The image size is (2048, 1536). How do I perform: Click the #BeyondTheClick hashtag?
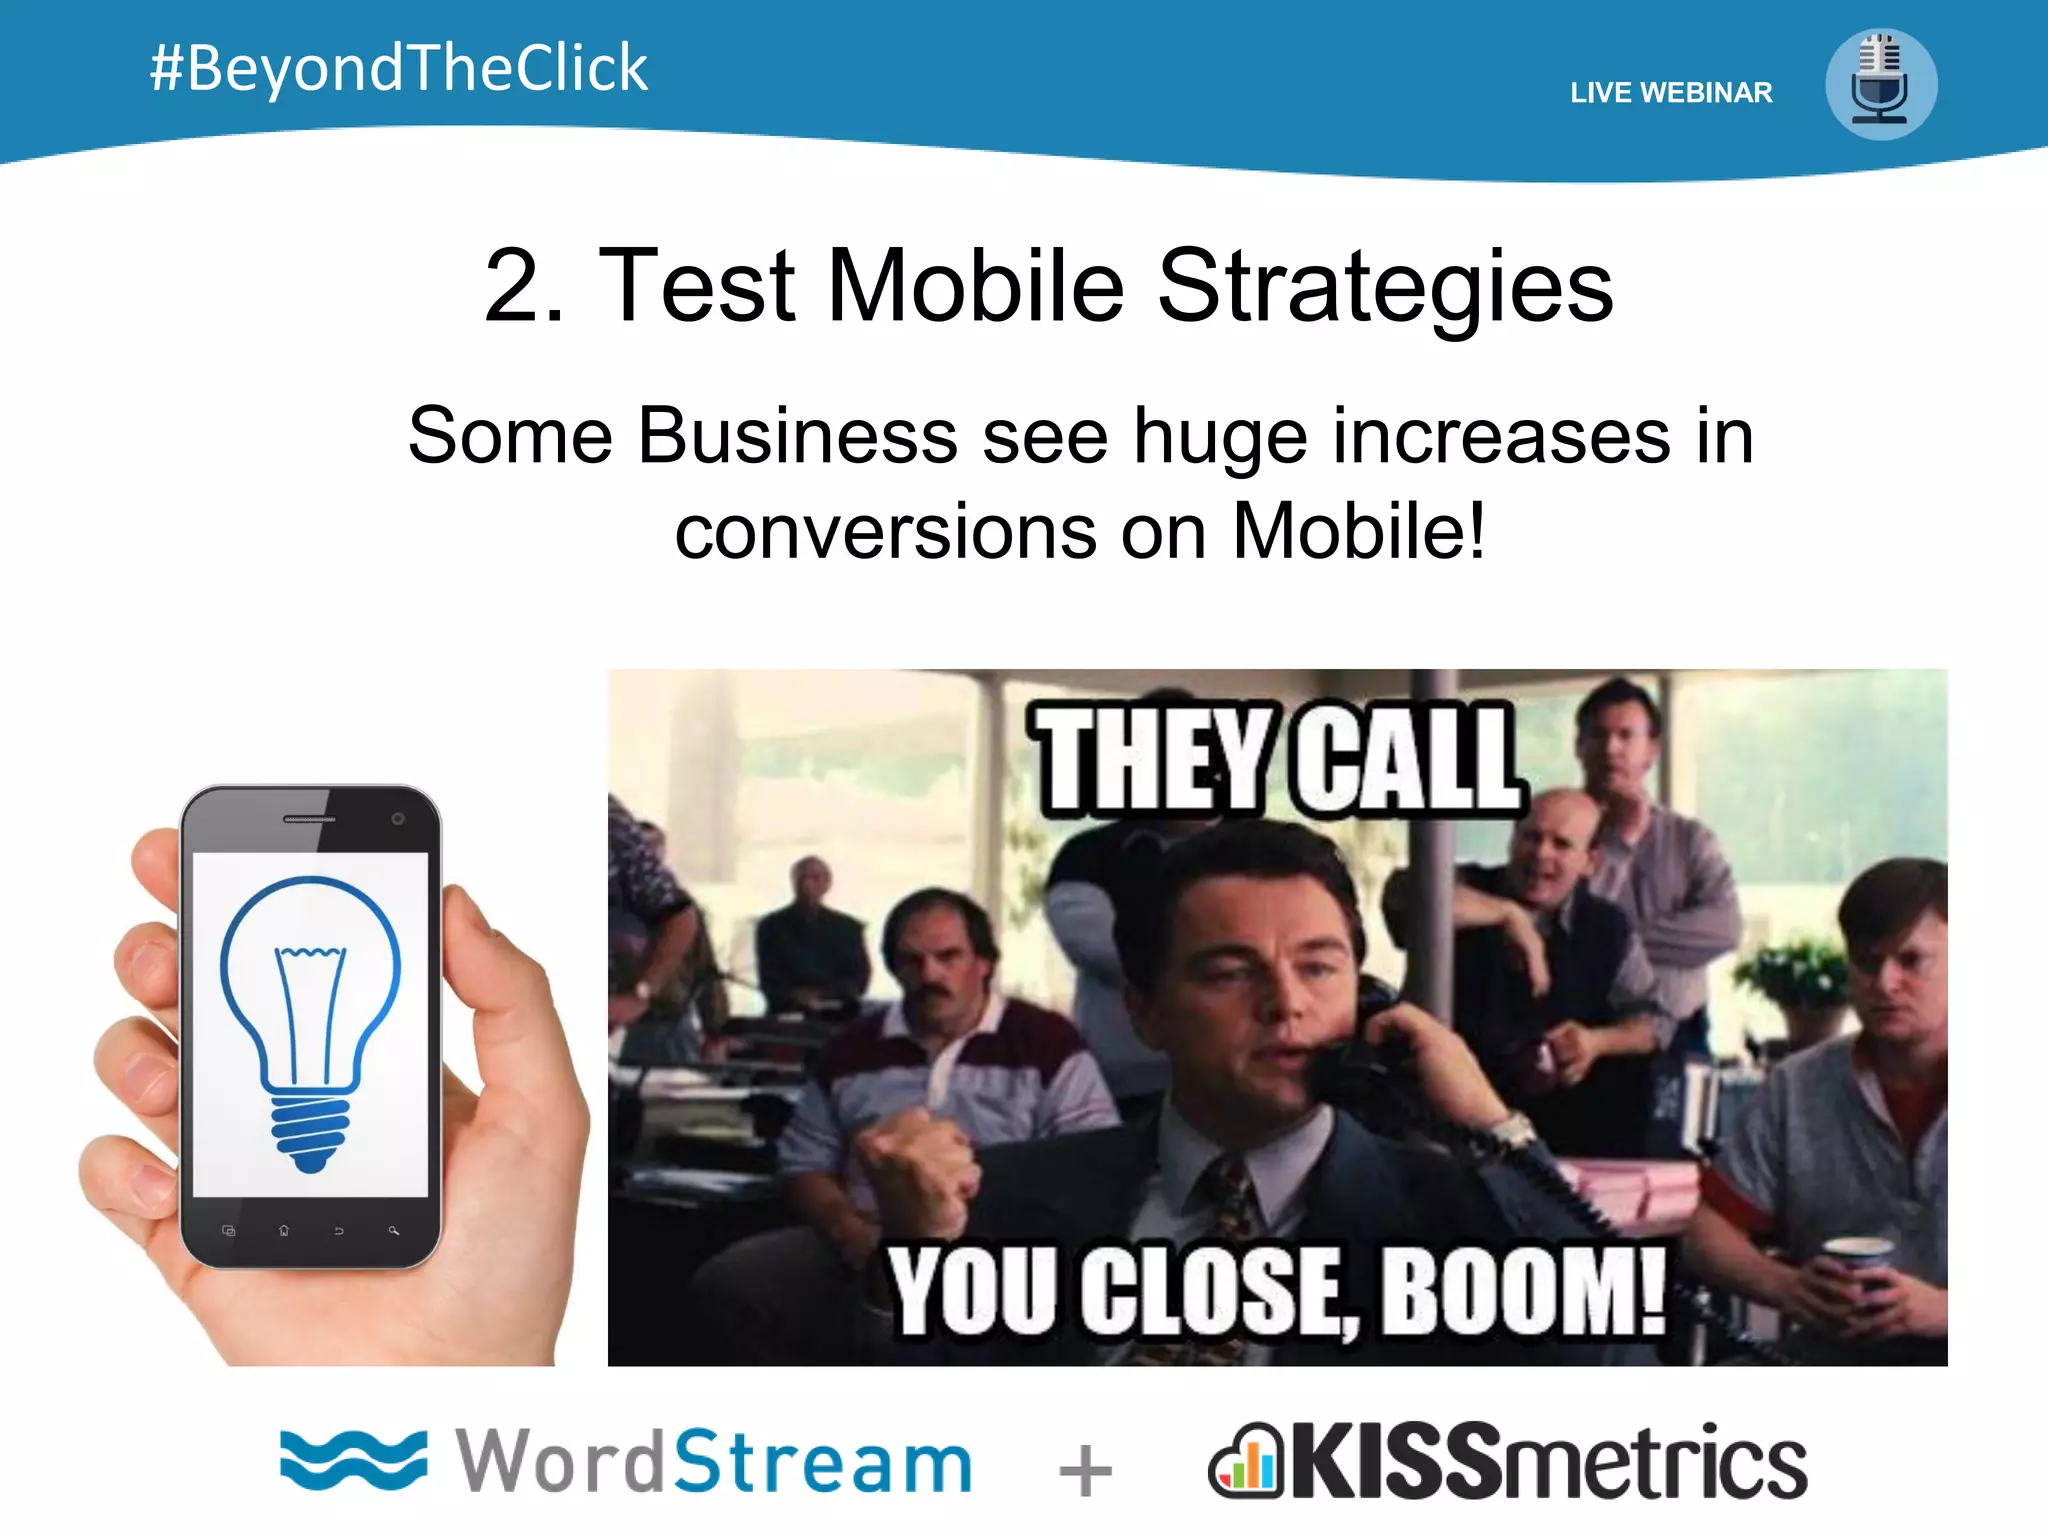click(x=398, y=68)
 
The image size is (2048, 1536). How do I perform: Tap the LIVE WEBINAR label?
click(x=1671, y=93)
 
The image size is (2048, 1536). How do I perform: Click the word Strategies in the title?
click(x=1385, y=288)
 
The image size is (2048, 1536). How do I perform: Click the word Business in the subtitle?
click(x=797, y=436)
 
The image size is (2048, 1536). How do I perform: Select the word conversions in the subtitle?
click(x=885, y=531)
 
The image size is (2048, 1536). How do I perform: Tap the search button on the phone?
click(x=394, y=1231)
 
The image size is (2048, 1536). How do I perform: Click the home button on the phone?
click(x=284, y=1231)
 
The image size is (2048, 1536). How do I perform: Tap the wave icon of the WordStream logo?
click(x=353, y=1460)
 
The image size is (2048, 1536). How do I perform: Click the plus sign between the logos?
click(x=1085, y=1471)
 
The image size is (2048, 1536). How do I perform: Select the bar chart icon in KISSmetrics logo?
click(x=1245, y=1462)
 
